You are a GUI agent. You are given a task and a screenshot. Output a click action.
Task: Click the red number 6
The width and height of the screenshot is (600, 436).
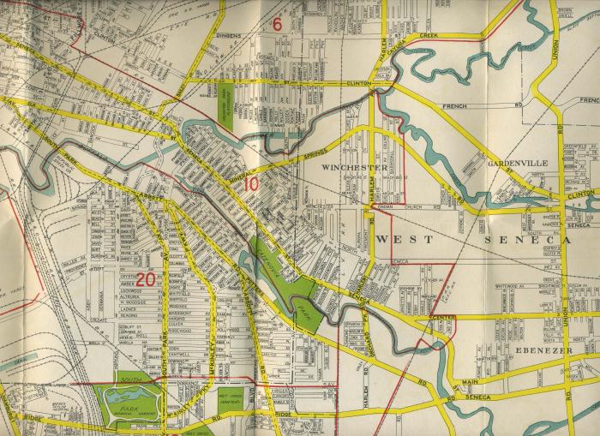tap(277, 24)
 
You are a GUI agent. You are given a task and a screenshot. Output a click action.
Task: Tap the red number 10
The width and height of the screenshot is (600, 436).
tap(251, 182)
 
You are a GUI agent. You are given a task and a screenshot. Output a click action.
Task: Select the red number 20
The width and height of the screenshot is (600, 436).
tap(145, 278)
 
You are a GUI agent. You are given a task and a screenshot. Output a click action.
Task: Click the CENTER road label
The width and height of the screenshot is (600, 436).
tap(446, 319)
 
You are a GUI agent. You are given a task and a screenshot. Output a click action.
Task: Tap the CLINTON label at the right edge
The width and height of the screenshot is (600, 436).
tap(580, 195)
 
